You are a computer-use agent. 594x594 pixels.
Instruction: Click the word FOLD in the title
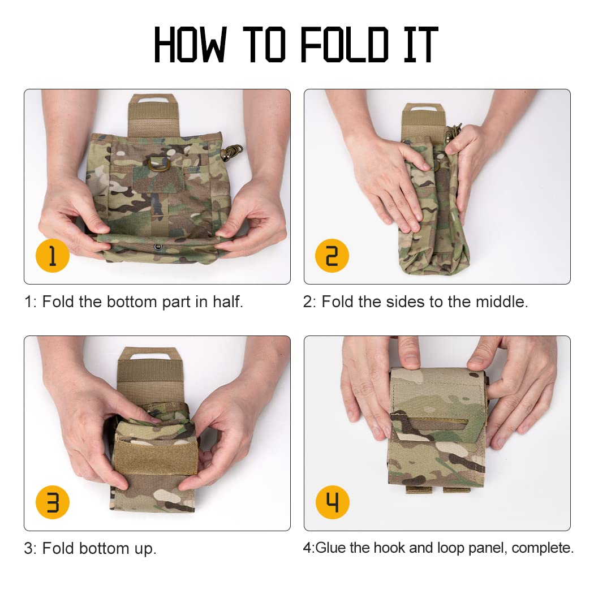(345, 44)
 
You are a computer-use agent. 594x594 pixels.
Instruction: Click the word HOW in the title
(190, 44)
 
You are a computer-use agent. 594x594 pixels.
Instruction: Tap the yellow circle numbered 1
(52, 256)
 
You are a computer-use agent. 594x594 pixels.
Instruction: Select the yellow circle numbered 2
(332, 256)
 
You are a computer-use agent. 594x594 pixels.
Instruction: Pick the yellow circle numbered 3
(52, 502)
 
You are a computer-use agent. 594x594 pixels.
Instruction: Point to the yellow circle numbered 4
(332, 502)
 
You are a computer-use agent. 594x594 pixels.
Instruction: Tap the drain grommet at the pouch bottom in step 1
(158, 247)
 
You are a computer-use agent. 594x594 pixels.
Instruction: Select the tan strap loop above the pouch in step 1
(153, 114)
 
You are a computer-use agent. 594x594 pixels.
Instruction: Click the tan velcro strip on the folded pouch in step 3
(155, 457)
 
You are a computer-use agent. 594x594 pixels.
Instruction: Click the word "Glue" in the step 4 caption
(331, 548)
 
